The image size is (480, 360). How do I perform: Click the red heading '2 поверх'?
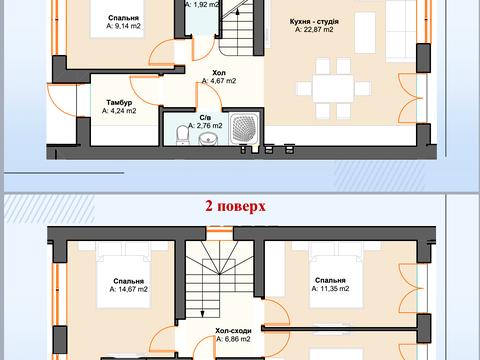pos(235,206)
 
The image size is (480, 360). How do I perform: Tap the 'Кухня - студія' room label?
pos(314,21)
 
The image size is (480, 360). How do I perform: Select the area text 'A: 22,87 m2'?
pos(314,30)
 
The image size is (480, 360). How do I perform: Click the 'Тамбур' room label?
pos(119,103)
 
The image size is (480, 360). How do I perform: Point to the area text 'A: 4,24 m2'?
pos(119,111)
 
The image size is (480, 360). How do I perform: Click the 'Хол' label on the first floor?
pos(219,73)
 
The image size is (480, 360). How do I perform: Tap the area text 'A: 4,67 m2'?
pos(219,81)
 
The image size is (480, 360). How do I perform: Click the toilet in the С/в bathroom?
pos(182,135)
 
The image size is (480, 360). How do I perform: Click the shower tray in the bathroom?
pos(244,128)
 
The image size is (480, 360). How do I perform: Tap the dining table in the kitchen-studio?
pos(333,88)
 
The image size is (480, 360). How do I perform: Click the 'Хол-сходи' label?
pos(233,331)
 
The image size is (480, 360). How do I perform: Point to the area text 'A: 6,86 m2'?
pos(233,339)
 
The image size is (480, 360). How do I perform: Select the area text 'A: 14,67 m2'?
pos(128,289)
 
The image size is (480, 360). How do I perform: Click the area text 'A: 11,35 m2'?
pos(330,289)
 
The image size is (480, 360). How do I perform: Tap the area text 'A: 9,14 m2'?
pos(123,26)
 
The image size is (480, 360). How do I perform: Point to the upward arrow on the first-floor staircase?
pos(237,12)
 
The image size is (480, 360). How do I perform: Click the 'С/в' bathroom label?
pos(205,118)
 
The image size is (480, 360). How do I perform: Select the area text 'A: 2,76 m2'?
pos(205,126)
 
